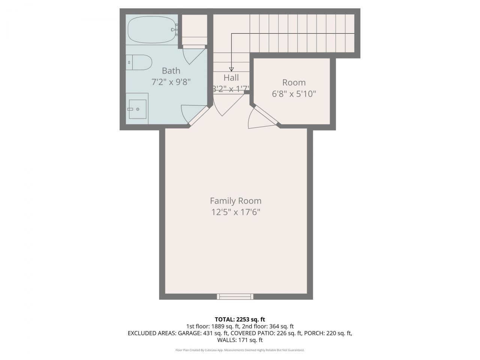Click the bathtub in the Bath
(151, 30)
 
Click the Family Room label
(235, 201)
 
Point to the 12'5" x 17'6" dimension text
(235, 212)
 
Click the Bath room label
(171, 70)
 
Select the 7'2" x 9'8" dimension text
(171, 82)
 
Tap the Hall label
(231, 78)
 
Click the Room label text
(294, 82)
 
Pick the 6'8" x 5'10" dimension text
(294, 94)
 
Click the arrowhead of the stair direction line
(231, 69)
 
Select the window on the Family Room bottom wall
(235, 297)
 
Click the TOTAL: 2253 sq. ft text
(240, 319)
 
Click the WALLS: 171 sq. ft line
(240, 340)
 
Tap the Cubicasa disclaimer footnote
(240, 350)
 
